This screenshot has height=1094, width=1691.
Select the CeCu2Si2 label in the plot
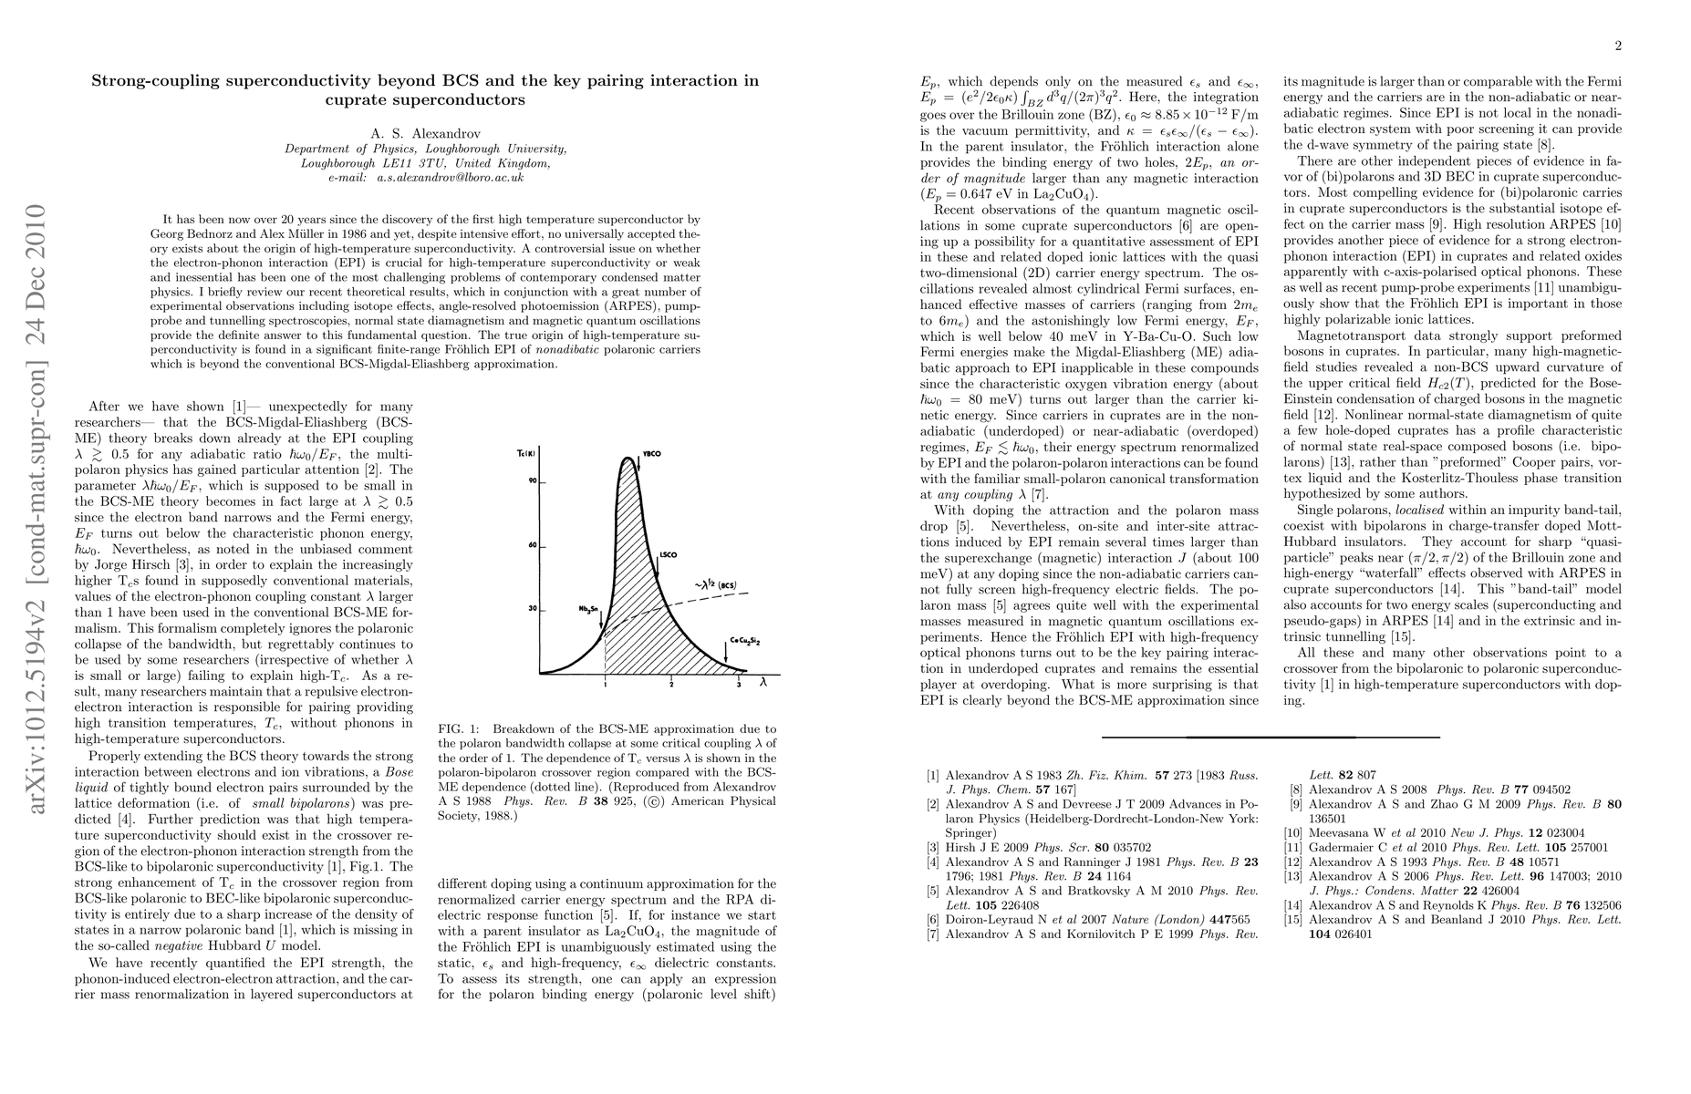pos(745,642)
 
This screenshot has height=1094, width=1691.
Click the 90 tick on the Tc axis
pos(531,481)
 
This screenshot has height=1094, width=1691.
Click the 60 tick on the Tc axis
pos(531,545)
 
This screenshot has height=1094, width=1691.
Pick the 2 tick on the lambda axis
pos(672,684)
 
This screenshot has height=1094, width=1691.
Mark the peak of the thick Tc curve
pos(628,459)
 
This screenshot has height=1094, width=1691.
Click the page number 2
pos(1618,46)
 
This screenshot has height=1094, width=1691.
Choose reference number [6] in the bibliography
pos(932,919)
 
